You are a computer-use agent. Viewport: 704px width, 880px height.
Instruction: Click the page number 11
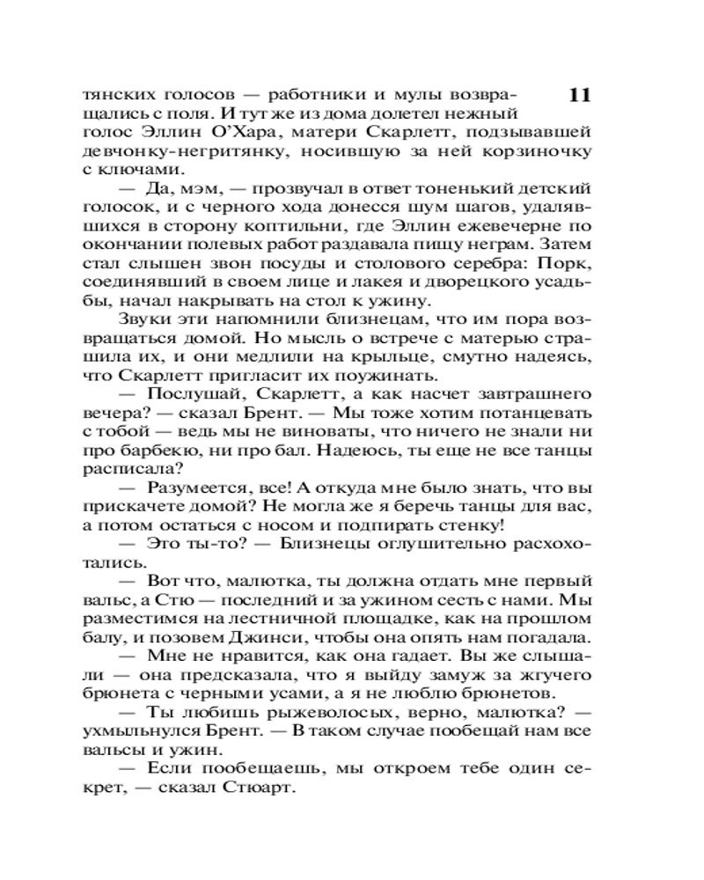pyautogui.click(x=578, y=96)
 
